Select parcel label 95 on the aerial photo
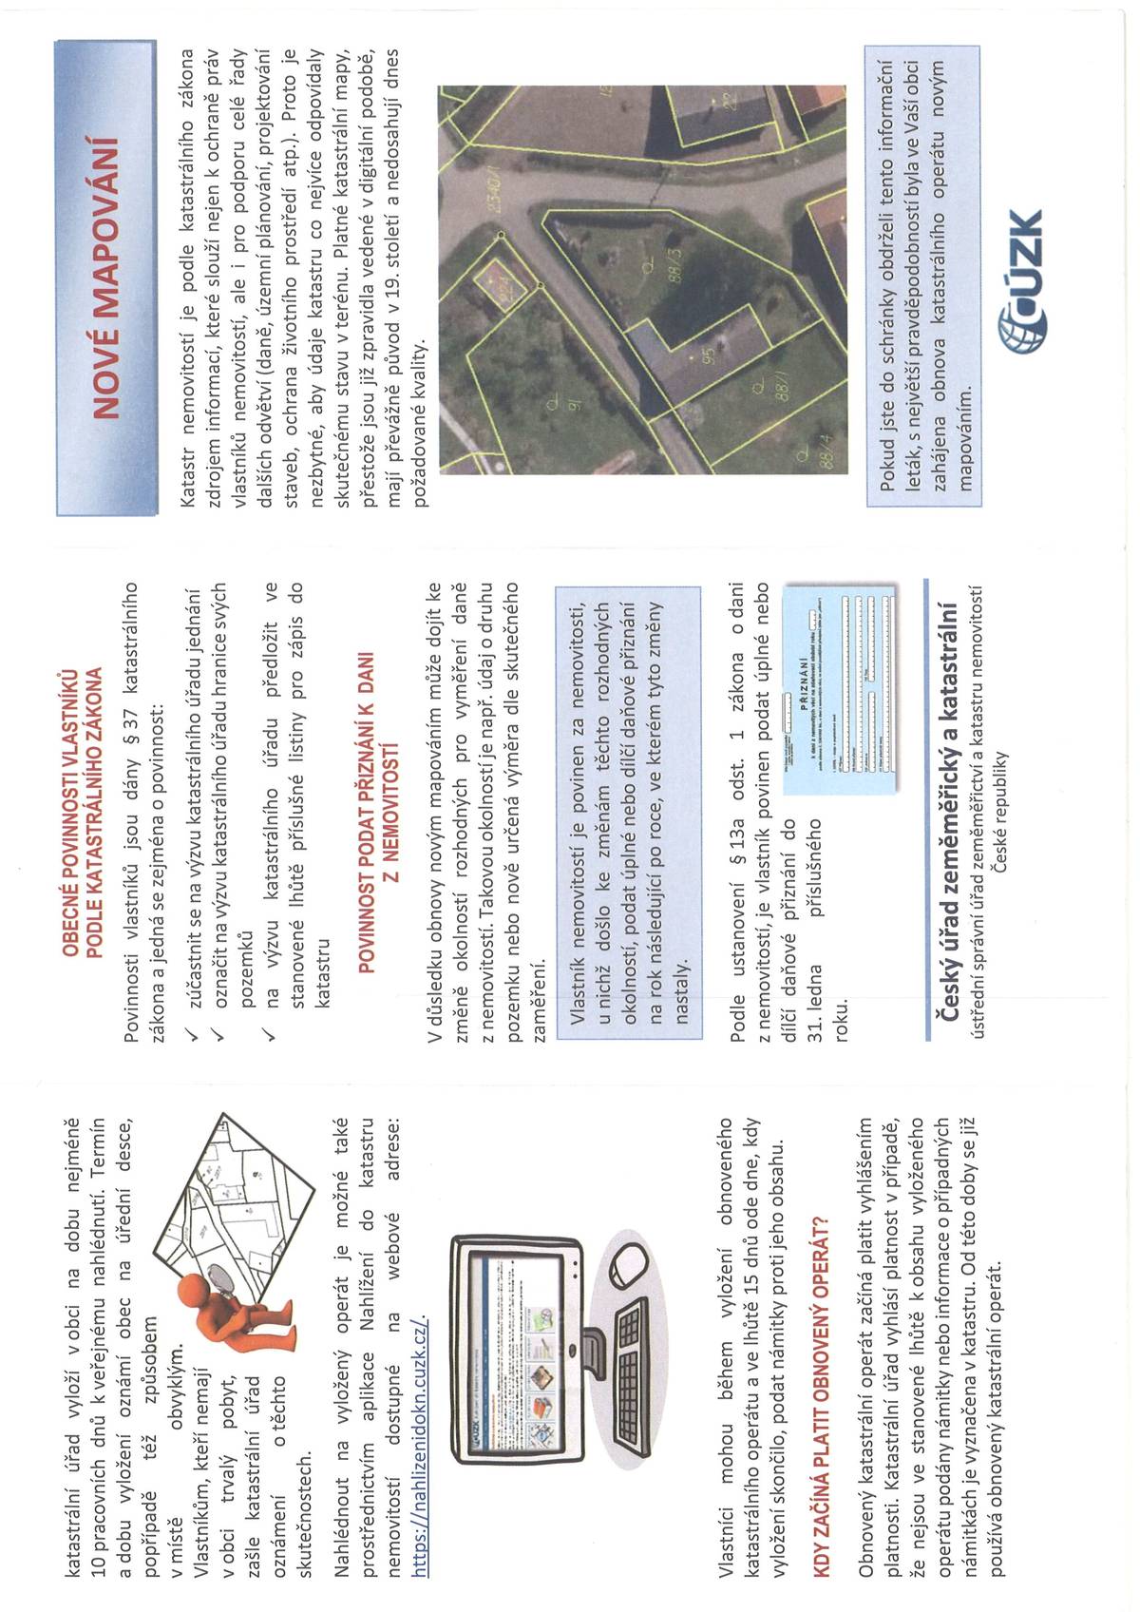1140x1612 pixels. [x=708, y=355]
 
